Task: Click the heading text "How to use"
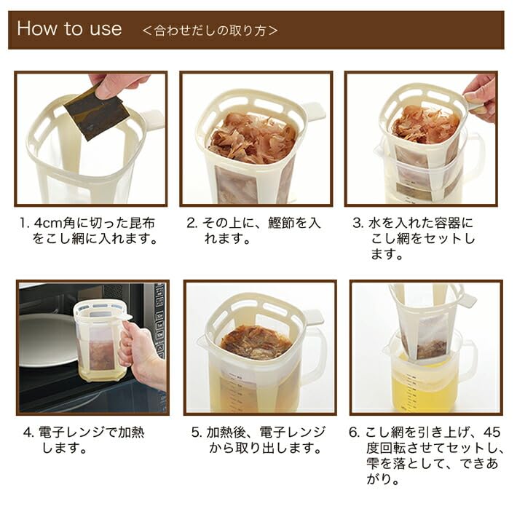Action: [x=69, y=29]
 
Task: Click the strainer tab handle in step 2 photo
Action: [x=313, y=111]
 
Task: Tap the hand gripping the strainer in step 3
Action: [x=481, y=95]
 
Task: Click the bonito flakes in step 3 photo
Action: [x=425, y=124]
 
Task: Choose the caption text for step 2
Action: [x=253, y=231]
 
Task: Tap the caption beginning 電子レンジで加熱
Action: [x=87, y=441]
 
